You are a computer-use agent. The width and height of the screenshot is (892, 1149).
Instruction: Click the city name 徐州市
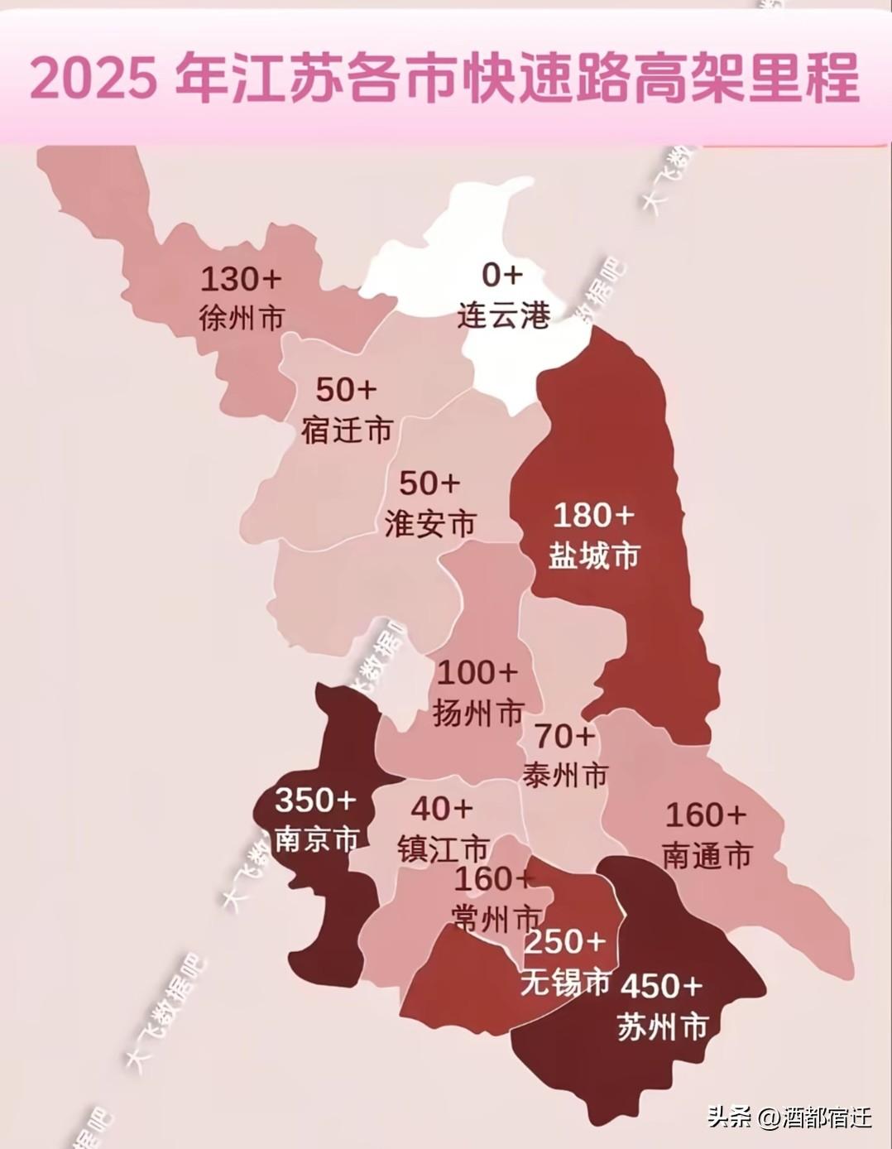242,318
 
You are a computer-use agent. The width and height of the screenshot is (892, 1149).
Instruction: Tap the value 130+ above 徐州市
241,280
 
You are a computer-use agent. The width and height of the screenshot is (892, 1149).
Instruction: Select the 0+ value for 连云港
502,274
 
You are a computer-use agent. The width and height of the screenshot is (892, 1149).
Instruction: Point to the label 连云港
503,315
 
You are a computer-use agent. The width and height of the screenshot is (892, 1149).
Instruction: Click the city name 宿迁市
346,430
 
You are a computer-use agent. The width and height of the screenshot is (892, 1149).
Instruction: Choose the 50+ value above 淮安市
429,483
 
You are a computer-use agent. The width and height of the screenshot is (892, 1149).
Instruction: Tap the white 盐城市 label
594,555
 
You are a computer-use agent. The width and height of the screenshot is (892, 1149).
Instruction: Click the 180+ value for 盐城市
593,516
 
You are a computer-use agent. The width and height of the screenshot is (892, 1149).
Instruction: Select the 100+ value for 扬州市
477,672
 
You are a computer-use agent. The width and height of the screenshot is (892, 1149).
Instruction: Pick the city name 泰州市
565,775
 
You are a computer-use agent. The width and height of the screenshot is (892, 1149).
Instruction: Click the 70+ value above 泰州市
564,735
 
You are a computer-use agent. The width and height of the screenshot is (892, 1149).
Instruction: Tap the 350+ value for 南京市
315,800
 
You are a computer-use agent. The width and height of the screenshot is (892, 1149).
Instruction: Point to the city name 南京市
316,839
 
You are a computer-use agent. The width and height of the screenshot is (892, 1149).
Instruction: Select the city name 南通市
707,855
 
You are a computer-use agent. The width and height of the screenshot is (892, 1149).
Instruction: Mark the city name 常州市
497,917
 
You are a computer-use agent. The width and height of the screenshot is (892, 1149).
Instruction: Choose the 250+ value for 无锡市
566,941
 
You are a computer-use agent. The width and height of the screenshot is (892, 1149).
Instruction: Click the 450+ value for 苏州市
661,986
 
